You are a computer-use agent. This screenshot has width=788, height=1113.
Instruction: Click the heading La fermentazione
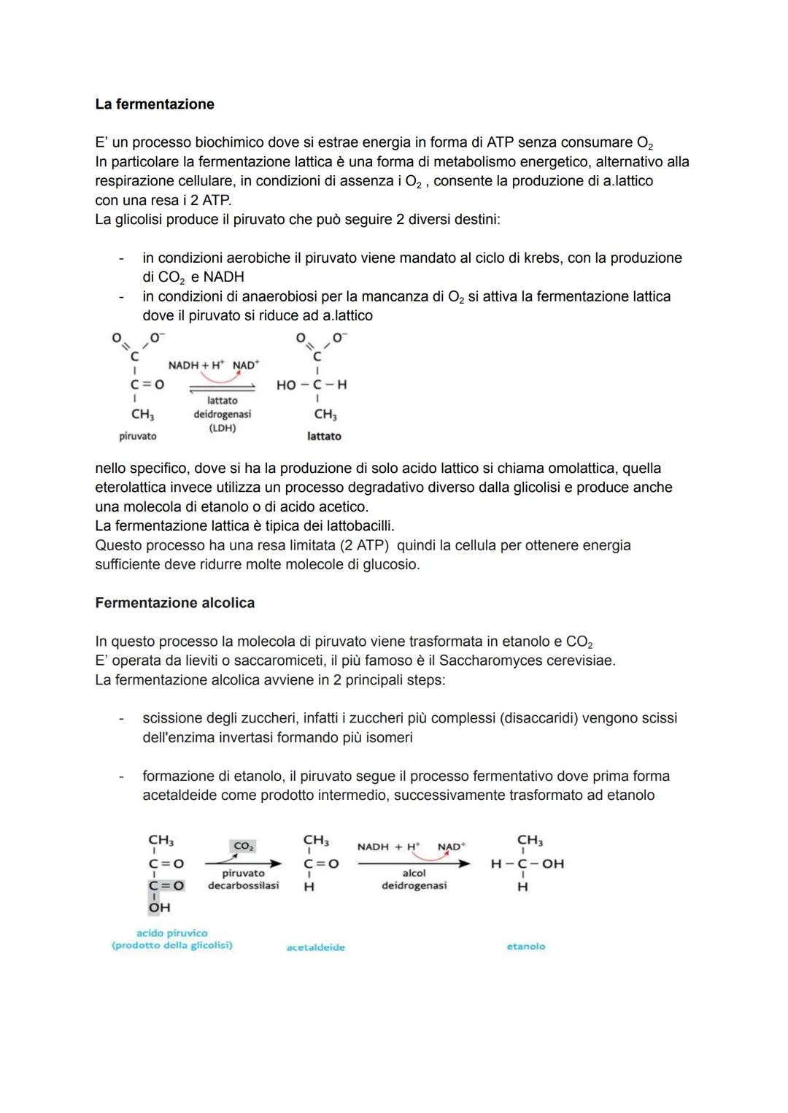pos(154,104)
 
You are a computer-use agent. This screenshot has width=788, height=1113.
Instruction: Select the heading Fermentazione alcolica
pos(174,603)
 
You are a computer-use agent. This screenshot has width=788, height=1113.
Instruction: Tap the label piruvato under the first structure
pos(137,436)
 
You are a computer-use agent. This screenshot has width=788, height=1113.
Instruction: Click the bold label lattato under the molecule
pos(324,436)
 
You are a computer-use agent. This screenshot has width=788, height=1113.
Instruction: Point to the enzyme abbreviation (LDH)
pos(222,428)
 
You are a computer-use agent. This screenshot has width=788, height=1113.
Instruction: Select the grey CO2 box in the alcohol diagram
pos(242,846)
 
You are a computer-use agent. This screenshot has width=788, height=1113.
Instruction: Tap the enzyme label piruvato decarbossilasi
pos(243,879)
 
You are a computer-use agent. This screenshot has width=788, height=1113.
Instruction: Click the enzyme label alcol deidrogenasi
pos(414,879)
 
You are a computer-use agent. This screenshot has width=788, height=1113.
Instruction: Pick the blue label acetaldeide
pos(316,947)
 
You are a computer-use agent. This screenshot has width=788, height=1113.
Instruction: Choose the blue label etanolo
pos(525,947)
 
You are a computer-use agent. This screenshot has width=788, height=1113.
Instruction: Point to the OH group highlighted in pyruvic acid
pos(159,907)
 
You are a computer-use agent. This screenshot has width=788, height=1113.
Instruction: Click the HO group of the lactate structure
pos(286,385)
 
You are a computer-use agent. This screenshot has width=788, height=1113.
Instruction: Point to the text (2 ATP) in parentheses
pos(363,545)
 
